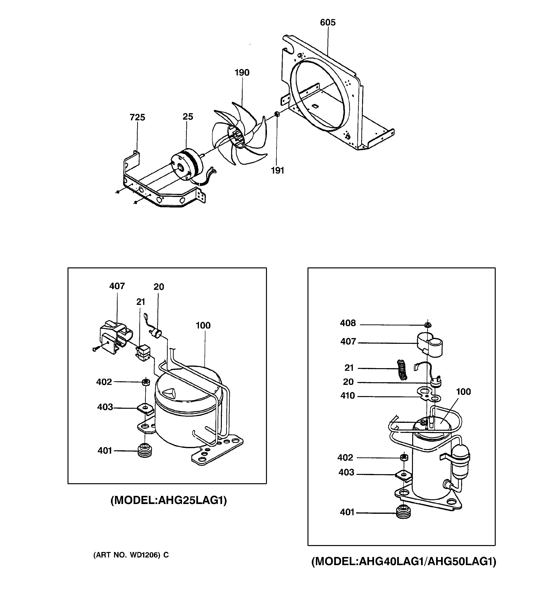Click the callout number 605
(328, 22)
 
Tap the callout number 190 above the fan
(242, 73)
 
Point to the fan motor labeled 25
(187, 165)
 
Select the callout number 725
(137, 118)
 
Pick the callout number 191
(277, 170)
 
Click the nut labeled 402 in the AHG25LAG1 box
(145, 382)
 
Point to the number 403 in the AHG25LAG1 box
(105, 407)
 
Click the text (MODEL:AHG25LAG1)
(169, 500)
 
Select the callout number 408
(348, 323)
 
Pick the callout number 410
(348, 396)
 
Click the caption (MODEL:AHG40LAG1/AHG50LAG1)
(404, 562)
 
